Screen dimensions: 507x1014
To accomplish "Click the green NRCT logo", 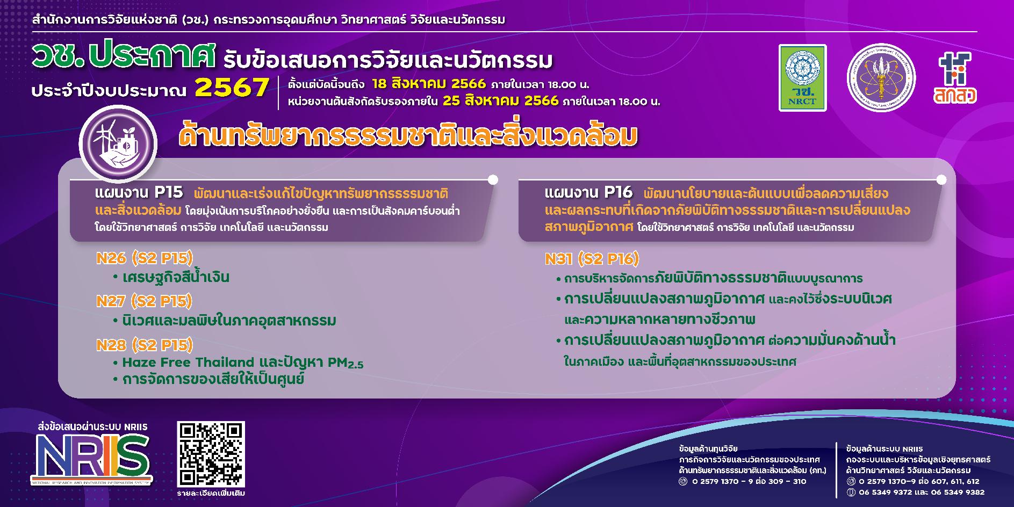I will tap(802, 78).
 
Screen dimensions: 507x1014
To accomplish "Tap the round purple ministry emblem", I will tap(881, 78).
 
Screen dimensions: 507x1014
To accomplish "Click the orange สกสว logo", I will tap(954, 78).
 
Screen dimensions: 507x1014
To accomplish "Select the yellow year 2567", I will tap(232, 88).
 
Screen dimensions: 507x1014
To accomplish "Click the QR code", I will tap(211, 454).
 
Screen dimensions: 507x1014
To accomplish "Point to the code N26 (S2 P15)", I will tap(144, 258).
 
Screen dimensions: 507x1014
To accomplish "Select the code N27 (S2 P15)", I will tap(144, 301).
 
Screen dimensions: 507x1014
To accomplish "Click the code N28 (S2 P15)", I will tap(144, 345).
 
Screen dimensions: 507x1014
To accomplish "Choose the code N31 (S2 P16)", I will tap(592, 259).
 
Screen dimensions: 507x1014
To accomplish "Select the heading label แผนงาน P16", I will tap(588, 192).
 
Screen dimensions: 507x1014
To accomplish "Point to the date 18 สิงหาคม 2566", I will tap(428, 84).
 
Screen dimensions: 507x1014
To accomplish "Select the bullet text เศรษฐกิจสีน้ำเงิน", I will tap(176, 278).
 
